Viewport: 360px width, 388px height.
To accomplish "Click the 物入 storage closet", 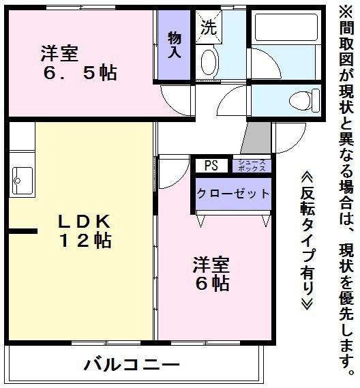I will (174, 44).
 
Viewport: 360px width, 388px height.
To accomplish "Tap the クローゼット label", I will (233, 194).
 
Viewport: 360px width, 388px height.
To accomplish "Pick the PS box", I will (211, 165).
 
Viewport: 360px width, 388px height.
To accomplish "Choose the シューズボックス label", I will (252, 165).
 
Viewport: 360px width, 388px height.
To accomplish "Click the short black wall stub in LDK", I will (22, 233).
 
